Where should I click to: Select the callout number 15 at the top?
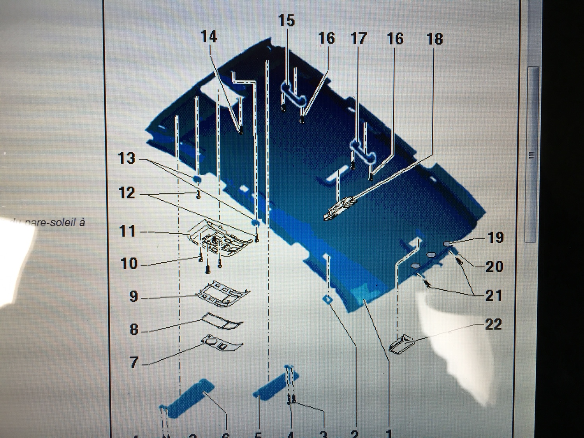[287, 21]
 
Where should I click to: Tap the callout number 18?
[434, 39]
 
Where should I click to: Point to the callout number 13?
[127, 159]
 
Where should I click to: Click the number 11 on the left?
[127, 231]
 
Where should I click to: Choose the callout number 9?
[134, 297]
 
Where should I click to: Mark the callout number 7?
[134, 362]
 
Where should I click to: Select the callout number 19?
[495, 237]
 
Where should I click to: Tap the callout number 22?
[493, 324]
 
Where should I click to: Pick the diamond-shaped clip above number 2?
[328, 299]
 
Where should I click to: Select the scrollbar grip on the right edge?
[532, 155]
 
